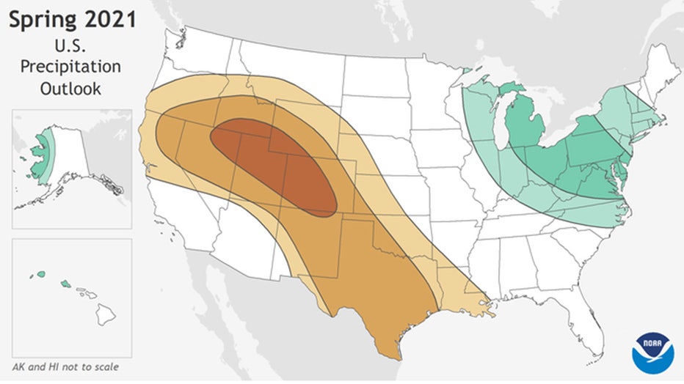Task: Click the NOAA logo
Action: point(652,352)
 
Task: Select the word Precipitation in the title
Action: point(70,66)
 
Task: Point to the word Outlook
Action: point(70,88)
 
